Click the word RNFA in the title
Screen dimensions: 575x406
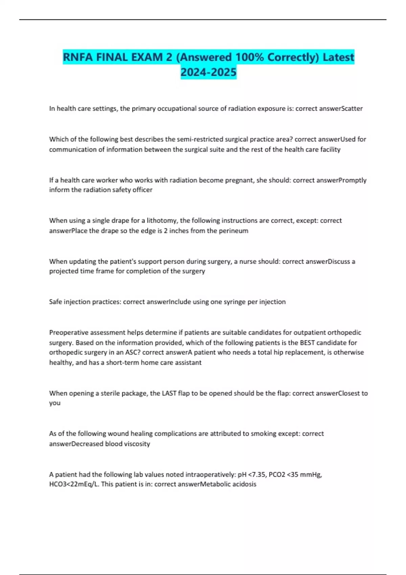(78, 57)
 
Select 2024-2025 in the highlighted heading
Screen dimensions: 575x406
(208, 72)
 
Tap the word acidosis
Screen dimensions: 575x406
(244, 484)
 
